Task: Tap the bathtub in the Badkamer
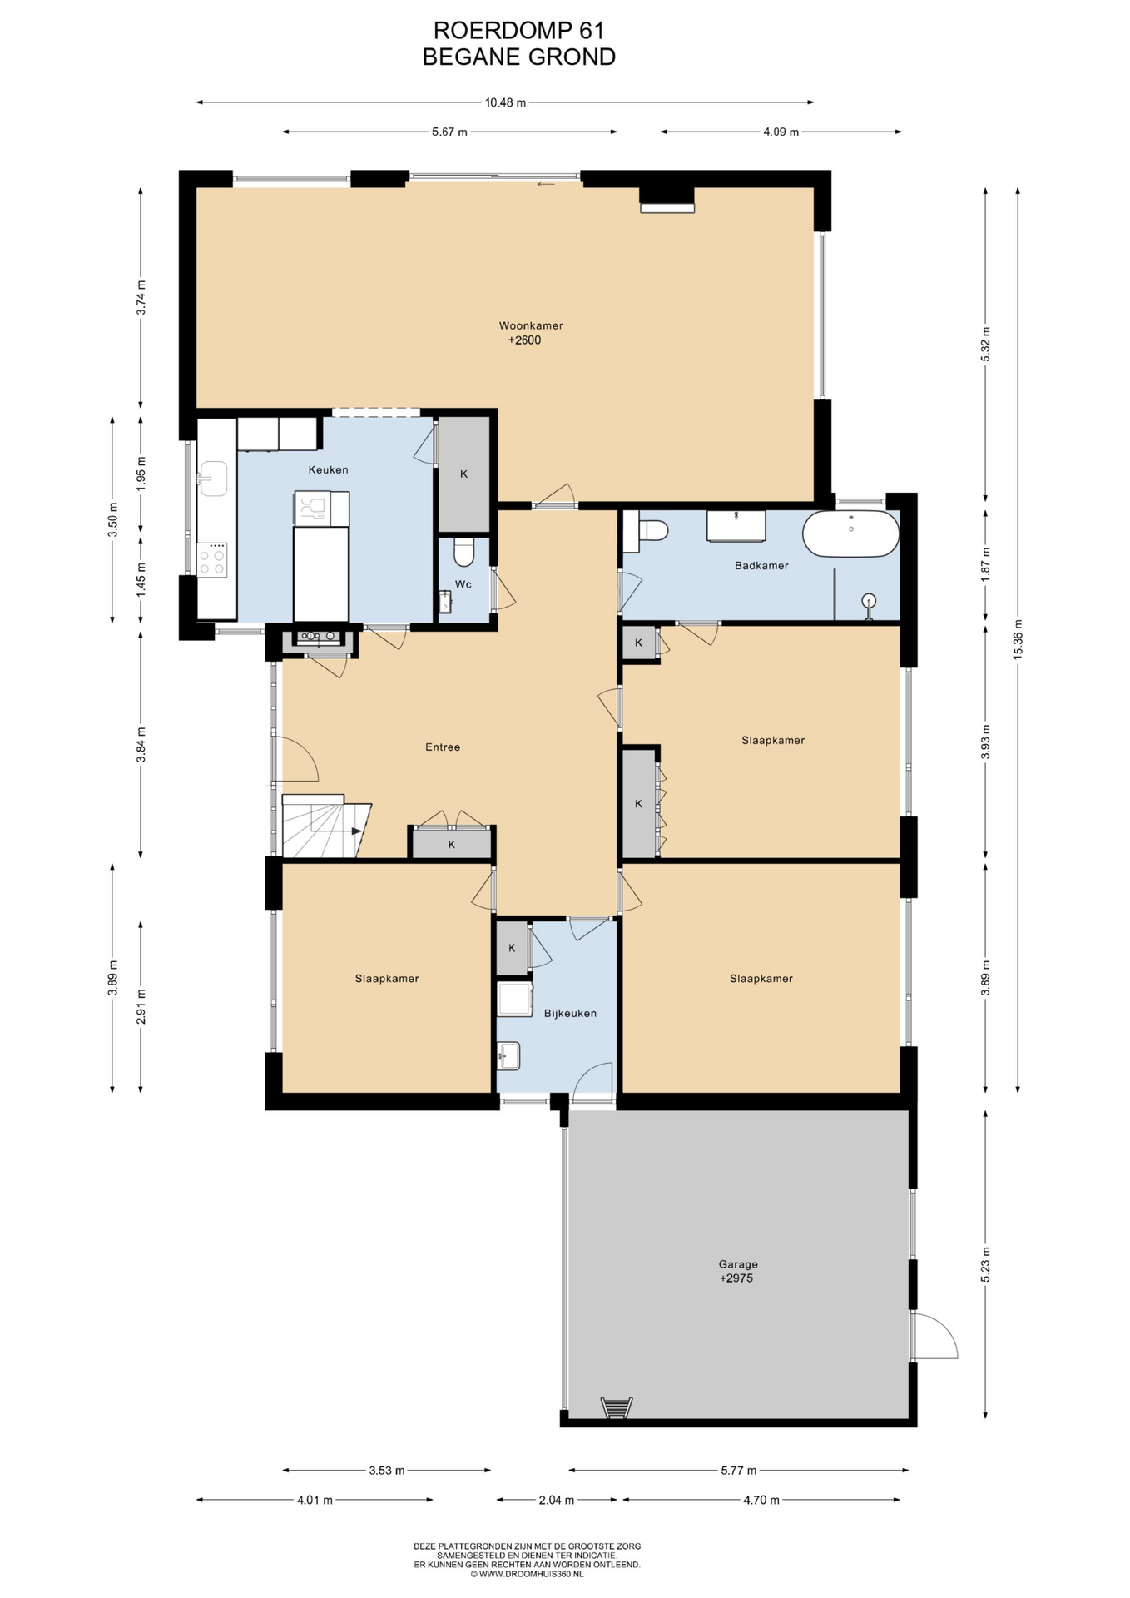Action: click(x=850, y=533)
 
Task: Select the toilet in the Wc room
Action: click(x=463, y=550)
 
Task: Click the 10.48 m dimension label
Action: click(x=505, y=102)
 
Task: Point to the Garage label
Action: click(x=738, y=1264)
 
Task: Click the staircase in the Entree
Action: click(x=325, y=826)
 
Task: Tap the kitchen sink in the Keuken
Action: click(x=212, y=479)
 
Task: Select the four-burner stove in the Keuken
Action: click(x=212, y=559)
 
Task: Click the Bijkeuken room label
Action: click(x=570, y=1013)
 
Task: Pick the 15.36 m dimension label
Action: click(x=1018, y=640)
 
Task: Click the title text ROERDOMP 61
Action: click(x=518, y=30)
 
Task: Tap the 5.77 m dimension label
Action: click(x=738, y=1471)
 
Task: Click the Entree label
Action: click(x=443, y=747)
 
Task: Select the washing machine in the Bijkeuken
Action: click(x=515, y=1000)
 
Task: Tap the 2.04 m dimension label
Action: click(x=556, y=1500)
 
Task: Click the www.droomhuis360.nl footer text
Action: click(x=528, y=1574)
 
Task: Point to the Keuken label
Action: click(x=328, y=469)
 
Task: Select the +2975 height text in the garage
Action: click(x=736, y=1278)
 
